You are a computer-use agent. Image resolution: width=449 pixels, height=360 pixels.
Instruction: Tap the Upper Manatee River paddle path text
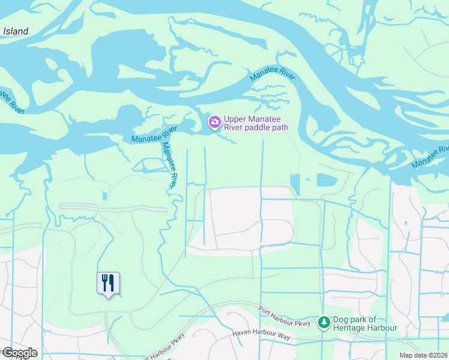(256, 123)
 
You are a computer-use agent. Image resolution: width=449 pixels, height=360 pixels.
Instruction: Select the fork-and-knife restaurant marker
(108, 283)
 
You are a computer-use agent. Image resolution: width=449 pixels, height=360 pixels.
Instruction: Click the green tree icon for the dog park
(324, 323)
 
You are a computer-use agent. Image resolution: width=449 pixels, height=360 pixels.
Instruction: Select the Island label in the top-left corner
(15, 31)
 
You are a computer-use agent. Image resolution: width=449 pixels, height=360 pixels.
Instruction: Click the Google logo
(19, 353)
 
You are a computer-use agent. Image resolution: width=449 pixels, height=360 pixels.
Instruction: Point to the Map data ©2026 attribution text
(424, 356)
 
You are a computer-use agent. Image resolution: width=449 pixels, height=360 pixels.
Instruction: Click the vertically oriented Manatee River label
(169, 166)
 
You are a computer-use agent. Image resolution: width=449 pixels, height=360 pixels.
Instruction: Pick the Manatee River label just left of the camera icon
(154, 135)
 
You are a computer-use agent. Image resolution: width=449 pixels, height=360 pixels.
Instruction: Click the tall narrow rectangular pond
(295, 185)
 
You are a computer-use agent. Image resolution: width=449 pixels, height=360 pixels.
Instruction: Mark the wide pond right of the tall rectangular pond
(327, 179)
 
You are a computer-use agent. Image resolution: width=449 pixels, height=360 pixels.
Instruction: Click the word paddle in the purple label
(261, 127)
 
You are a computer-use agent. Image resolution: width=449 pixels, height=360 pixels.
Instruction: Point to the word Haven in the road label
(243, 334)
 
